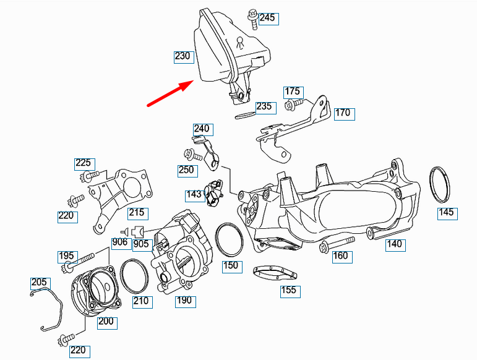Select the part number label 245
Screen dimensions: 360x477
[267, 17]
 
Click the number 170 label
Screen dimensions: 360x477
[343, 113]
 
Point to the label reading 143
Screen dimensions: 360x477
[194, 195]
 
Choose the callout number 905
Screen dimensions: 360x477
[141, 244]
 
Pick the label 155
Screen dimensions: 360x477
[289, 290]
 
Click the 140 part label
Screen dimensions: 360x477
[394, 244]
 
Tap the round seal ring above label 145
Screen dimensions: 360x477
[440, 185]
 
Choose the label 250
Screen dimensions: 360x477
[186, 170]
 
